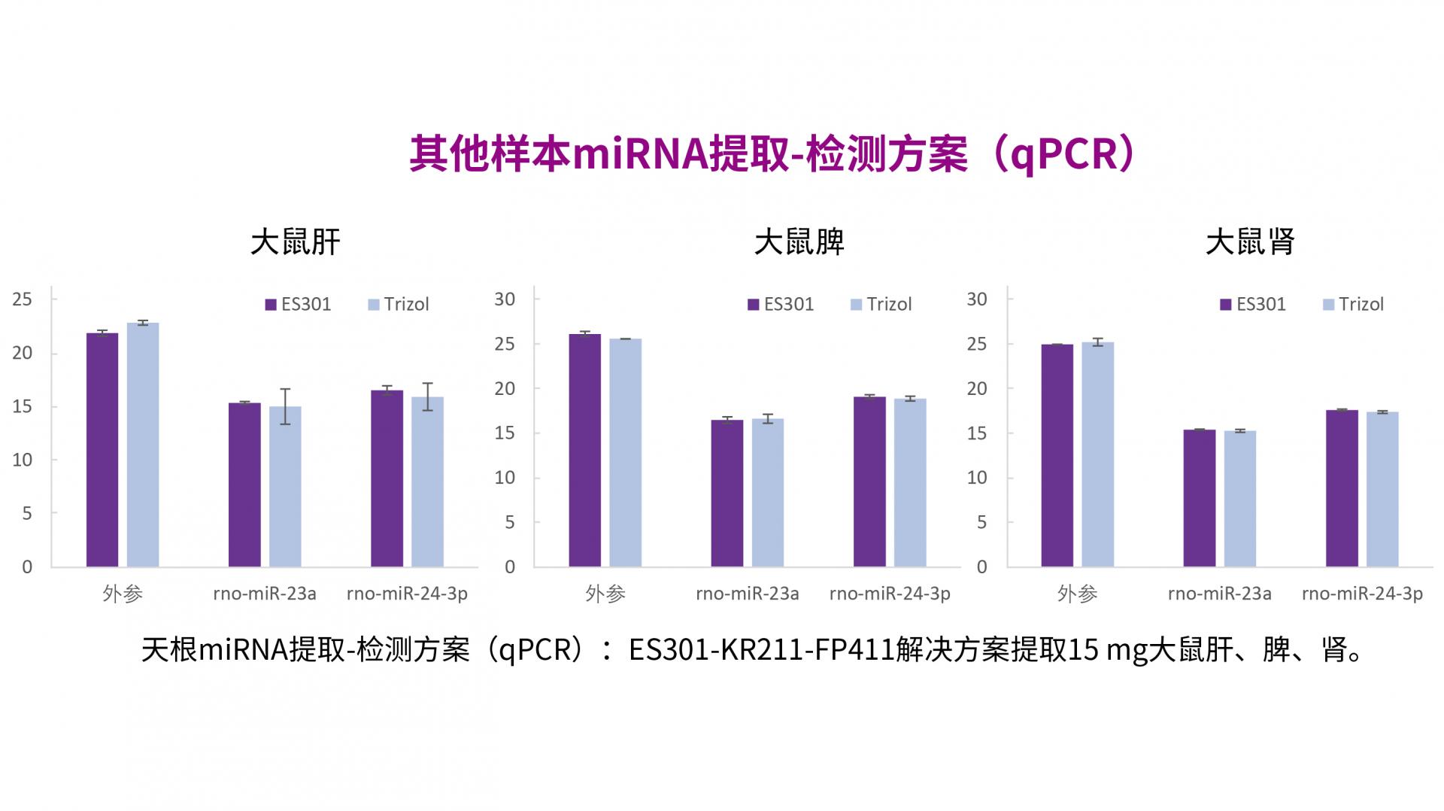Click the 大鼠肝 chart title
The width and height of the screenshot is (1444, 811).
click(x=295, y=242)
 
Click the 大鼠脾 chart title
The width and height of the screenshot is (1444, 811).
click(x=799, y=242)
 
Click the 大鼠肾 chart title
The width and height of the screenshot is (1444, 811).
click(x=1250, y=242)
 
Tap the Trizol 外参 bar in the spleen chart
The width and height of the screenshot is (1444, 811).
click(x=625, y=452)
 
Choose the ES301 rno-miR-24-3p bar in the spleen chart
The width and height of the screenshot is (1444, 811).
click(x=869, y=481)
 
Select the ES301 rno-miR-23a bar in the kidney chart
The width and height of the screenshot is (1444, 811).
click(x=1199, y=497)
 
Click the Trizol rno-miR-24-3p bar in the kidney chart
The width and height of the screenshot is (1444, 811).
click(x=1382, y=489)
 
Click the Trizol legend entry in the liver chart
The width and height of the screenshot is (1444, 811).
click(x=399, y=305)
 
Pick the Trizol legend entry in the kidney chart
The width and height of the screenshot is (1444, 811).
click(x=1354, y=305)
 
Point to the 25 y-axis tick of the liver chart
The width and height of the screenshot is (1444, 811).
click(x=23, y=299)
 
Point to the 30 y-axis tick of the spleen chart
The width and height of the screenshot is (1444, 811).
click(x=505, y=299)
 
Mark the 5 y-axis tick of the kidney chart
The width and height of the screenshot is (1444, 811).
click(x=981, y=522)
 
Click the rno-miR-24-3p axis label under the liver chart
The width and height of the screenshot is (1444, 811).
click(x=407, y=594)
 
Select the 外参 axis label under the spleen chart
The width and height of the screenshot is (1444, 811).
click(x=605, y=594)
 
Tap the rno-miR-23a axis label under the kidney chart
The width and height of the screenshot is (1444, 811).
click(x=1219, y=594)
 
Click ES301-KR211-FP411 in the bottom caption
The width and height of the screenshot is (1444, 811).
click(x=761, y=649)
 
